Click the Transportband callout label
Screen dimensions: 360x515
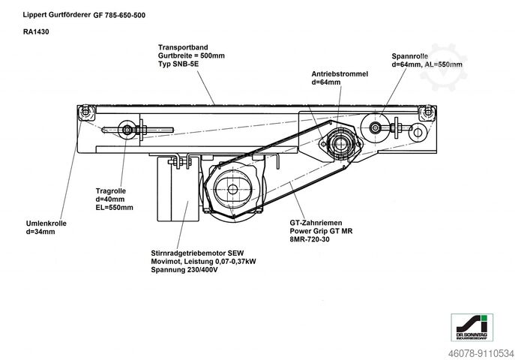tap(179, 46)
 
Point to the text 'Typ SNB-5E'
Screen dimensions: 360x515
tap(177, 64)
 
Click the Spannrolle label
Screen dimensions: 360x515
tap(410, 56)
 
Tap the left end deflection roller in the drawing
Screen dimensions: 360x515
tap(87, 113)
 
